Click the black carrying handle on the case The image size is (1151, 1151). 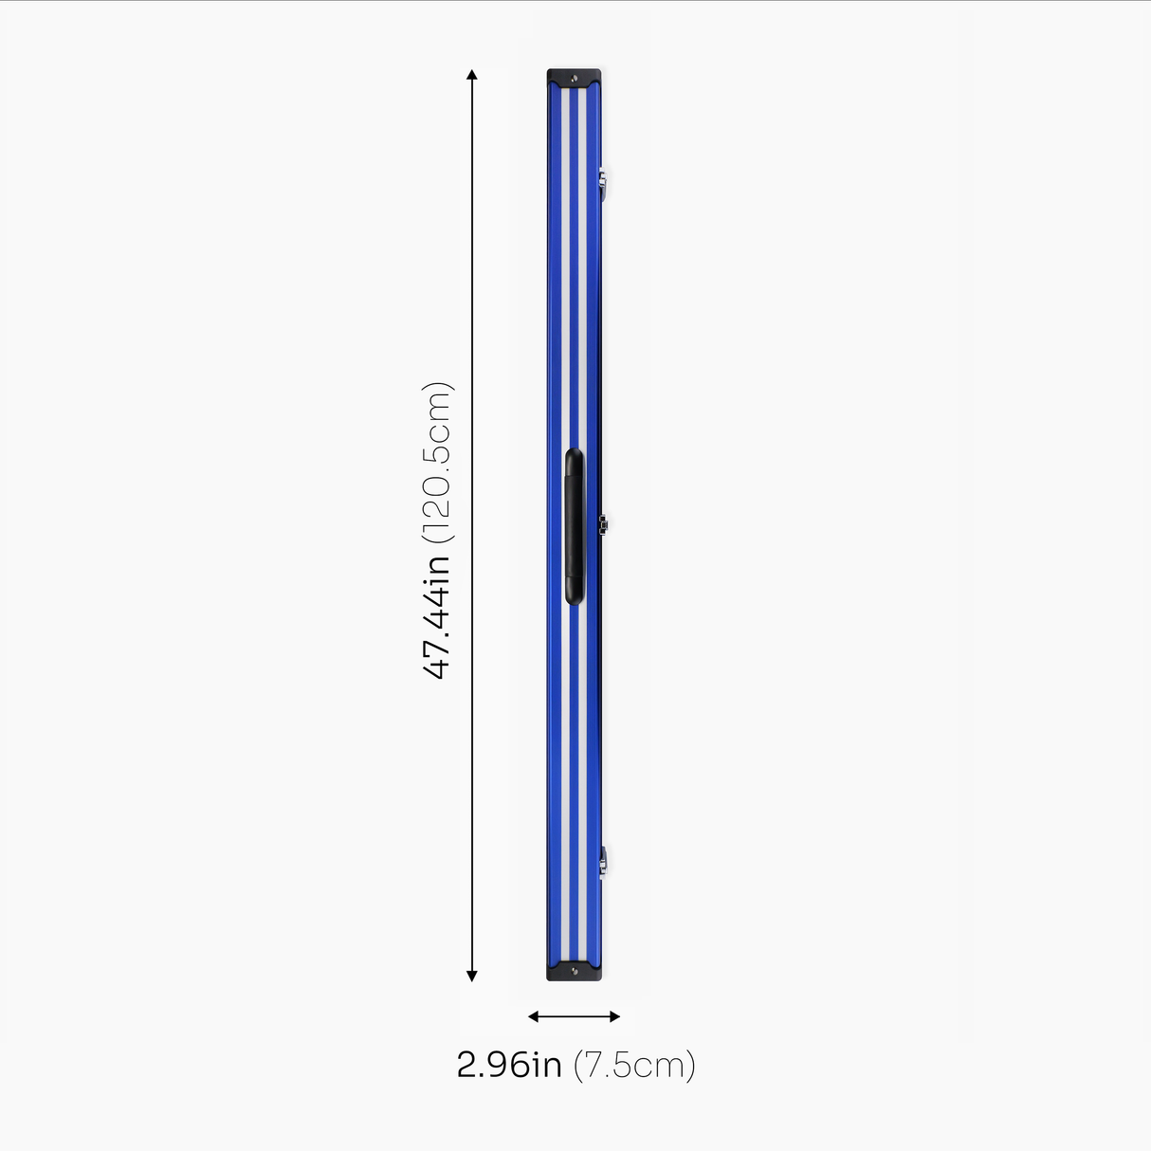[575, 526]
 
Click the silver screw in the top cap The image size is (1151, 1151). [575, 78]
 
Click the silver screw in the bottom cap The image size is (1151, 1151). [575, 972]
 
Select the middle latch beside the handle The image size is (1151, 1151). [602, 521]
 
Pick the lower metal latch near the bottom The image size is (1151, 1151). [602, 861]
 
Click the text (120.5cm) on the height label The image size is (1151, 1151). [437, 462]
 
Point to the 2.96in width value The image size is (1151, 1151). [509, 1065]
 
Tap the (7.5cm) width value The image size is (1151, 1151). [634, 1065]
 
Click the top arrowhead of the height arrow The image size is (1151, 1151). [472, 74]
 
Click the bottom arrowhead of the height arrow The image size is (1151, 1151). [472, 976]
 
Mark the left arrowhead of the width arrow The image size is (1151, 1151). [533, 1016]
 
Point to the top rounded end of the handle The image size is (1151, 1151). [575, 458]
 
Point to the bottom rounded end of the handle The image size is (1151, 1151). [575, 594]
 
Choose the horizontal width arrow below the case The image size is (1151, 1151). [574, 1016]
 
